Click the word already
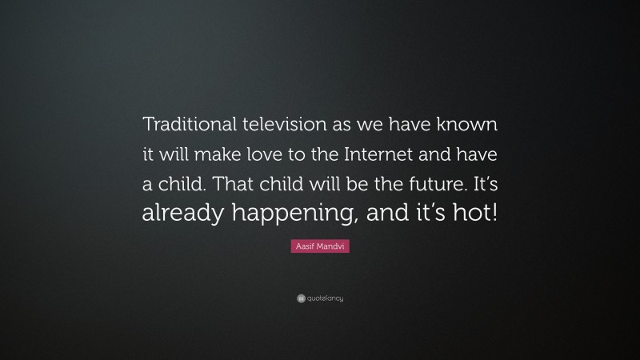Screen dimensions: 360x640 click(x=180, y=214)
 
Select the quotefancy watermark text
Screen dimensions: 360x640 click(x=326, y=298)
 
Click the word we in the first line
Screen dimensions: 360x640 click(x=367, y=124)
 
